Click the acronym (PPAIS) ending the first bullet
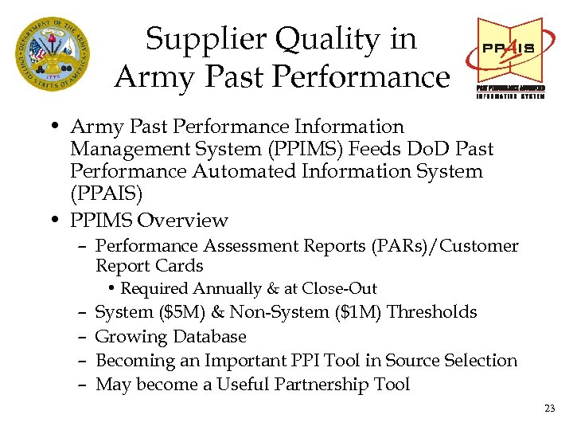click(107, 193)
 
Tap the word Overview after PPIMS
click(182, 220)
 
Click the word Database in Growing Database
click(208, 336)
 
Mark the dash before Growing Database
click(83, 336)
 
